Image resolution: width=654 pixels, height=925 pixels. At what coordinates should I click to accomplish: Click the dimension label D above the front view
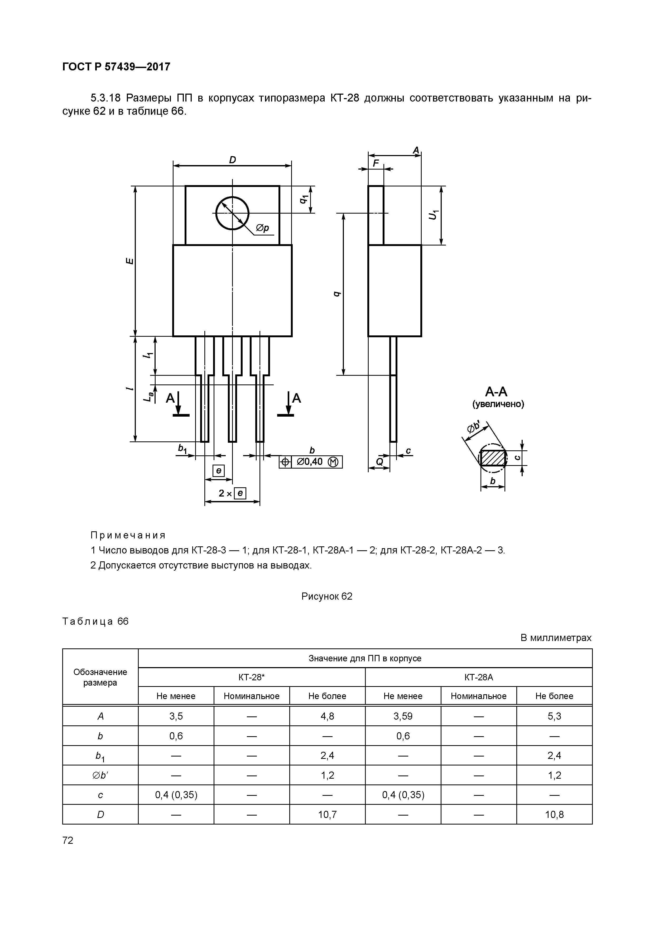(233, 160)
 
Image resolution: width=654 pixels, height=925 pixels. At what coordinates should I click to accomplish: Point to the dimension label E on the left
(129, 261)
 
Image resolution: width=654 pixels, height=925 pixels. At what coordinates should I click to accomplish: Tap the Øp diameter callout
(262, 228)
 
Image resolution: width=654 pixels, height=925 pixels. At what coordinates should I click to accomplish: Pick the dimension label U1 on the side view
(433, 215)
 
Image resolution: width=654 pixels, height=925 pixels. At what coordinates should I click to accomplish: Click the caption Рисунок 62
(327, 596)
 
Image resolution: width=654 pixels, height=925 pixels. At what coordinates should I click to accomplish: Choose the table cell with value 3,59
(403, 716)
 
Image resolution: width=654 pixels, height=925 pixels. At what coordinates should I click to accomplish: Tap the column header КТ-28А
(478, 677)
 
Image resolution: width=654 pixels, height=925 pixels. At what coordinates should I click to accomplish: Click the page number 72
(68, 840)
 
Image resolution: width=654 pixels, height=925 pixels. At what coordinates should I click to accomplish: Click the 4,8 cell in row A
(327, 716)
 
